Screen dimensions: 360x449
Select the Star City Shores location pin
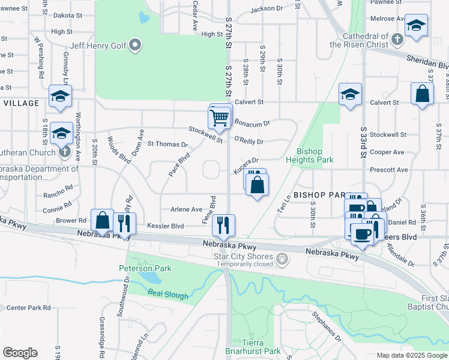pyautogui.click(x=283, y=259)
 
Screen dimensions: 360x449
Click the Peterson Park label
pyautogui.click(x=145, y=268)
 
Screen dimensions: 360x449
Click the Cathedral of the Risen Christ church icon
pyautogui.click(x=396, y=40)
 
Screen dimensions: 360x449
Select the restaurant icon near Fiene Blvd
pyautogui.click(x=224, y=225)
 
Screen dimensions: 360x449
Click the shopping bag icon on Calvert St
pyautogui.click(x=423, y=94)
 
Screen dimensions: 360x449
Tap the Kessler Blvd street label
pyautogui.click(x=165, y=226)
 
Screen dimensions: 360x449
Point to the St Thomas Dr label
pyautogui.click(x=167, y=145)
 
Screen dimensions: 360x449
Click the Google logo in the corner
pyautogui.click(x=20, y=353)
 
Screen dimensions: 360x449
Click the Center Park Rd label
pyautogui.click(x=28, y=308)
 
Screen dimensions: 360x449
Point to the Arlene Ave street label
pyautogui.click(x=186, y=209)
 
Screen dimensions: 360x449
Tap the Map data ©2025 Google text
pyautogui.click(x=411, y=355)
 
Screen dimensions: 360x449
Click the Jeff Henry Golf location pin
pyautogui.click(x=136, y=45)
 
